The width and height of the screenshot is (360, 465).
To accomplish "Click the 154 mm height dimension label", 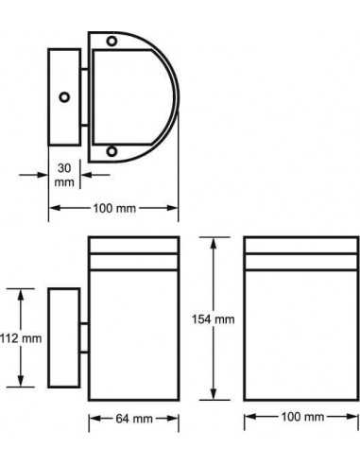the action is (214, 319).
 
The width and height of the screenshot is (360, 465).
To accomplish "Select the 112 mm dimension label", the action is (21, 338).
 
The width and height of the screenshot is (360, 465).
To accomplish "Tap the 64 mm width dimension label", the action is (134, 419).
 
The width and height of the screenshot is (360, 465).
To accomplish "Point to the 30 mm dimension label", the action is (64, 175).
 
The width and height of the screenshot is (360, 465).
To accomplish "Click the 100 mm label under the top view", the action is (114, 208).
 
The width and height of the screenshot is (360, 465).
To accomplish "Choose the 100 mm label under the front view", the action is (302, 417).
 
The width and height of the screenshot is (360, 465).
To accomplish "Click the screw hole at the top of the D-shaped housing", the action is (111, 41).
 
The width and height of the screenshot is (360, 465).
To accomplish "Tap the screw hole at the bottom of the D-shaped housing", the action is (111, 151).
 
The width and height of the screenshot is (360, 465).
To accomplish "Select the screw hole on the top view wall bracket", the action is (64, 97).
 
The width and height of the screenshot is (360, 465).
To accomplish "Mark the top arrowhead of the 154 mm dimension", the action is (214, 243).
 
